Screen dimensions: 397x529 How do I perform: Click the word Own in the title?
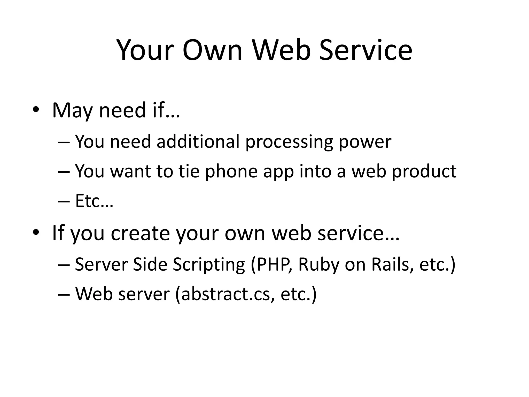[212, 50]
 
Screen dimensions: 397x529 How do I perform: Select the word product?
[424, 172]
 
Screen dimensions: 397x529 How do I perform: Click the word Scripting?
[209, 265]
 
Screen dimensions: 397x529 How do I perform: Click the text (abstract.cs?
[225, 294]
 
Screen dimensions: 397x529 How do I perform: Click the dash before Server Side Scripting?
[64, 265]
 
